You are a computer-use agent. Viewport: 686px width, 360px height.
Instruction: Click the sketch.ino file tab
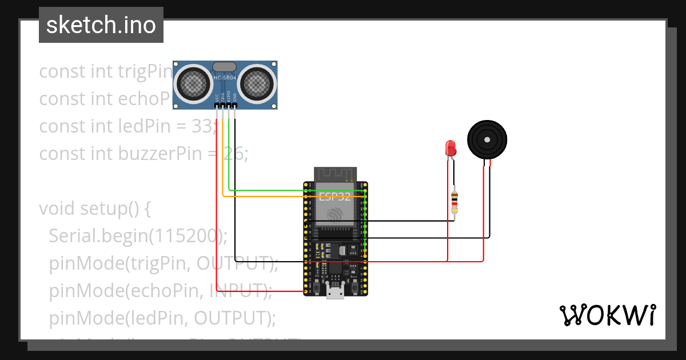coord(101,25)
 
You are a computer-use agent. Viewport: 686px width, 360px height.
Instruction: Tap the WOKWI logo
coord(607,315)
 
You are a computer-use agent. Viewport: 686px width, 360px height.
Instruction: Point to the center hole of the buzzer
coord(487,139)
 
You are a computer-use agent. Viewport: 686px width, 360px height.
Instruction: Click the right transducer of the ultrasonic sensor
coord(256,84)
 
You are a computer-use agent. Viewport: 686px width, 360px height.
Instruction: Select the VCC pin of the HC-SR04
coord(217,105)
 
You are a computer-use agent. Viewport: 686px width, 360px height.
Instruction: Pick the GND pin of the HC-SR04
coord(234,105)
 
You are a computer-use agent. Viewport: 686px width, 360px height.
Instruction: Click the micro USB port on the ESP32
coord(335,292)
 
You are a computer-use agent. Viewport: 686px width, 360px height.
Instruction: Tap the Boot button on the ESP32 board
coord(354,284)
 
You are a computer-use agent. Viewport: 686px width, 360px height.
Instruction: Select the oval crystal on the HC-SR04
coord(225,67)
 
